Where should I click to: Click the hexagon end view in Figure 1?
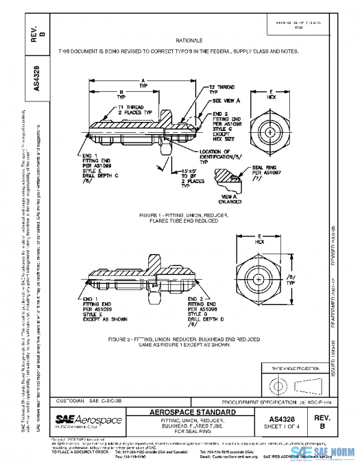coord(271,131)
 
